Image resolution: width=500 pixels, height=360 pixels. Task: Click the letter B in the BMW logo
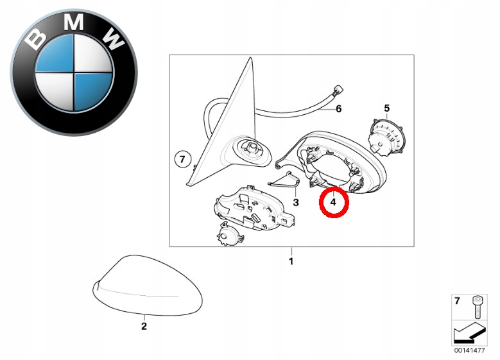coord(35,39)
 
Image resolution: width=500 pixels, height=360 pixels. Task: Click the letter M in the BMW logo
coord(73,22)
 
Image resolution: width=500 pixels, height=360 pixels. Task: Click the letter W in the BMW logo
coord(113,39)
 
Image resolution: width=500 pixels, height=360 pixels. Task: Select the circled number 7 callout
coord(182,159)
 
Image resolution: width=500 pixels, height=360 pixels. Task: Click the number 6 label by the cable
coord(339,109)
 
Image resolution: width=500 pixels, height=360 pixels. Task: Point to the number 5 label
coord(387,108)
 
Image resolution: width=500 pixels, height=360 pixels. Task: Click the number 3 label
coord(296,202)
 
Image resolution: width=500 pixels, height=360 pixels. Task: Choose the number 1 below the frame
coord(291,261)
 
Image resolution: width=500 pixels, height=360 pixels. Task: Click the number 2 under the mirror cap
coord(144,326)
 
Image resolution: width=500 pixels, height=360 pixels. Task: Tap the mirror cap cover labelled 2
coord(148,285)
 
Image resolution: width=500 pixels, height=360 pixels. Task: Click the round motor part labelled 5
coord(386,137)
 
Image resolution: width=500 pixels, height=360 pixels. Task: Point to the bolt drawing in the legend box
coord(477,307)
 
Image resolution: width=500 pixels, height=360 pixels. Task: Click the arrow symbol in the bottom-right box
coord(469,332)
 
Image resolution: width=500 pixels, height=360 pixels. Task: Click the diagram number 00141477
coord(469,350)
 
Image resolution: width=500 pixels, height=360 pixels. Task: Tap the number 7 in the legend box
coord(457,301)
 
